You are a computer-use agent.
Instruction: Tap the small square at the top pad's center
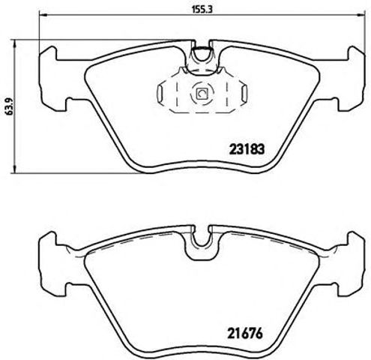click(200, 94)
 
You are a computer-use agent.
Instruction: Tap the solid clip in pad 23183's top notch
click(200, 55)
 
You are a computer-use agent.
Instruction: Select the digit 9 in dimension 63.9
click(7, 94)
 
